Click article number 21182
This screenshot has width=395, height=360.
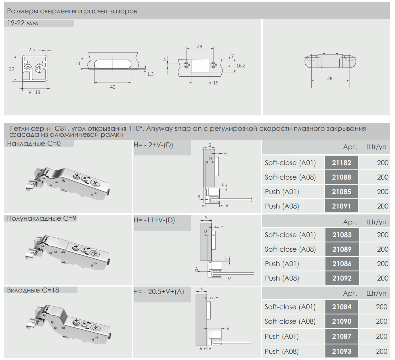point(341,163)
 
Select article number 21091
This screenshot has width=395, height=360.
point(341,206)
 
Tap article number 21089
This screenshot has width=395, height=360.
point(342,249)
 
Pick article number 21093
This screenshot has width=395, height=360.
point(341,351)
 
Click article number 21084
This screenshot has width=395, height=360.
point(341,307)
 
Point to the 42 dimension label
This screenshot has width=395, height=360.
point(113,87)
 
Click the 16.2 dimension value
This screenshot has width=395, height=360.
point(241,66)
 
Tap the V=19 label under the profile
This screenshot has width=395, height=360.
point(34,92)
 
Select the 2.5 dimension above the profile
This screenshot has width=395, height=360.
point(31,49)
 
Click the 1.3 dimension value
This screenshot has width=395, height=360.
point(150,74)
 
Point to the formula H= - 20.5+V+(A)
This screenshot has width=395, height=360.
point(159,291)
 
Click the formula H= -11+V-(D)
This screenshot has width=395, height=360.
point(154,220)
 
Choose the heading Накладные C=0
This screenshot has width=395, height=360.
point(34,143)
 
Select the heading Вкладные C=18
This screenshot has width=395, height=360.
point(33,290)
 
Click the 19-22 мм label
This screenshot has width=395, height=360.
point(23,23)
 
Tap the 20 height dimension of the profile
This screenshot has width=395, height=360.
point(11,69)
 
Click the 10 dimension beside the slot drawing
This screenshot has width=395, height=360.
point(77,64)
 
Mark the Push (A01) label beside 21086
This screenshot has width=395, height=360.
point(282,264)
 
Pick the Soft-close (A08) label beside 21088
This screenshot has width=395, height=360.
point(290,177)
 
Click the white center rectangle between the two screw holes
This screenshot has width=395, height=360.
point(200,66)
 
